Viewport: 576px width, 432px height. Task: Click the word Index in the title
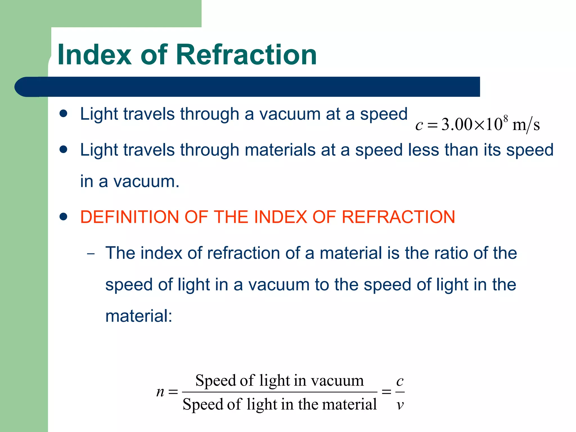(94, 55)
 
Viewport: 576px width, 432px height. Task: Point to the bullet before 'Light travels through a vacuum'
(64, 114)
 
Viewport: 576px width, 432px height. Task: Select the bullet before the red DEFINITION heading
(64, 217)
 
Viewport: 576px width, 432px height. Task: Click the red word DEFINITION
(130, 217)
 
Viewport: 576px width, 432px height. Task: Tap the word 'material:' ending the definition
(139, 316)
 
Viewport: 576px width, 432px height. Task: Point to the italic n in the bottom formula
(160, 391)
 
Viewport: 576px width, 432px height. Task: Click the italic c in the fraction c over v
(400, 381)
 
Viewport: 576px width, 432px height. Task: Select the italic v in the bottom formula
(400, 405)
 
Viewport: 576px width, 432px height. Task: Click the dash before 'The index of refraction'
(91, 254)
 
